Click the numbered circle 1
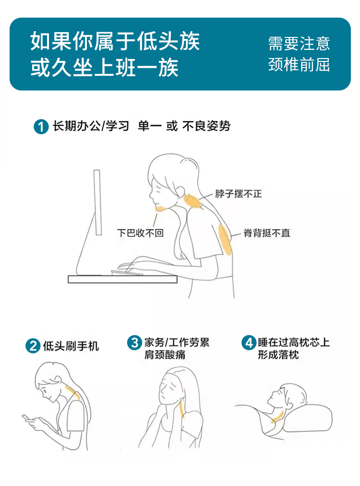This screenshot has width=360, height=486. point(41,127)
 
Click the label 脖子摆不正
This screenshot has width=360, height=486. point(239,194)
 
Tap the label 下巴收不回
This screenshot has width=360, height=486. point(140,233)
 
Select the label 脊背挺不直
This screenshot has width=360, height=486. point(267,233)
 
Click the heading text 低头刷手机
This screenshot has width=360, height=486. point(71,346)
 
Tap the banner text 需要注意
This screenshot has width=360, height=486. point(299,44)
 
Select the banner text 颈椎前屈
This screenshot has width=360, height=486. point(299,65)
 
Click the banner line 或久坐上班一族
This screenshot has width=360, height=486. point(105,68)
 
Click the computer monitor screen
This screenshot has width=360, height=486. point(97,202)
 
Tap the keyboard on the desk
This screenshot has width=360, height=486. point(127,273)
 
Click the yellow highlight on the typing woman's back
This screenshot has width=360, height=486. point(225,239)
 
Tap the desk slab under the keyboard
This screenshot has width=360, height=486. point(122,279)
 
